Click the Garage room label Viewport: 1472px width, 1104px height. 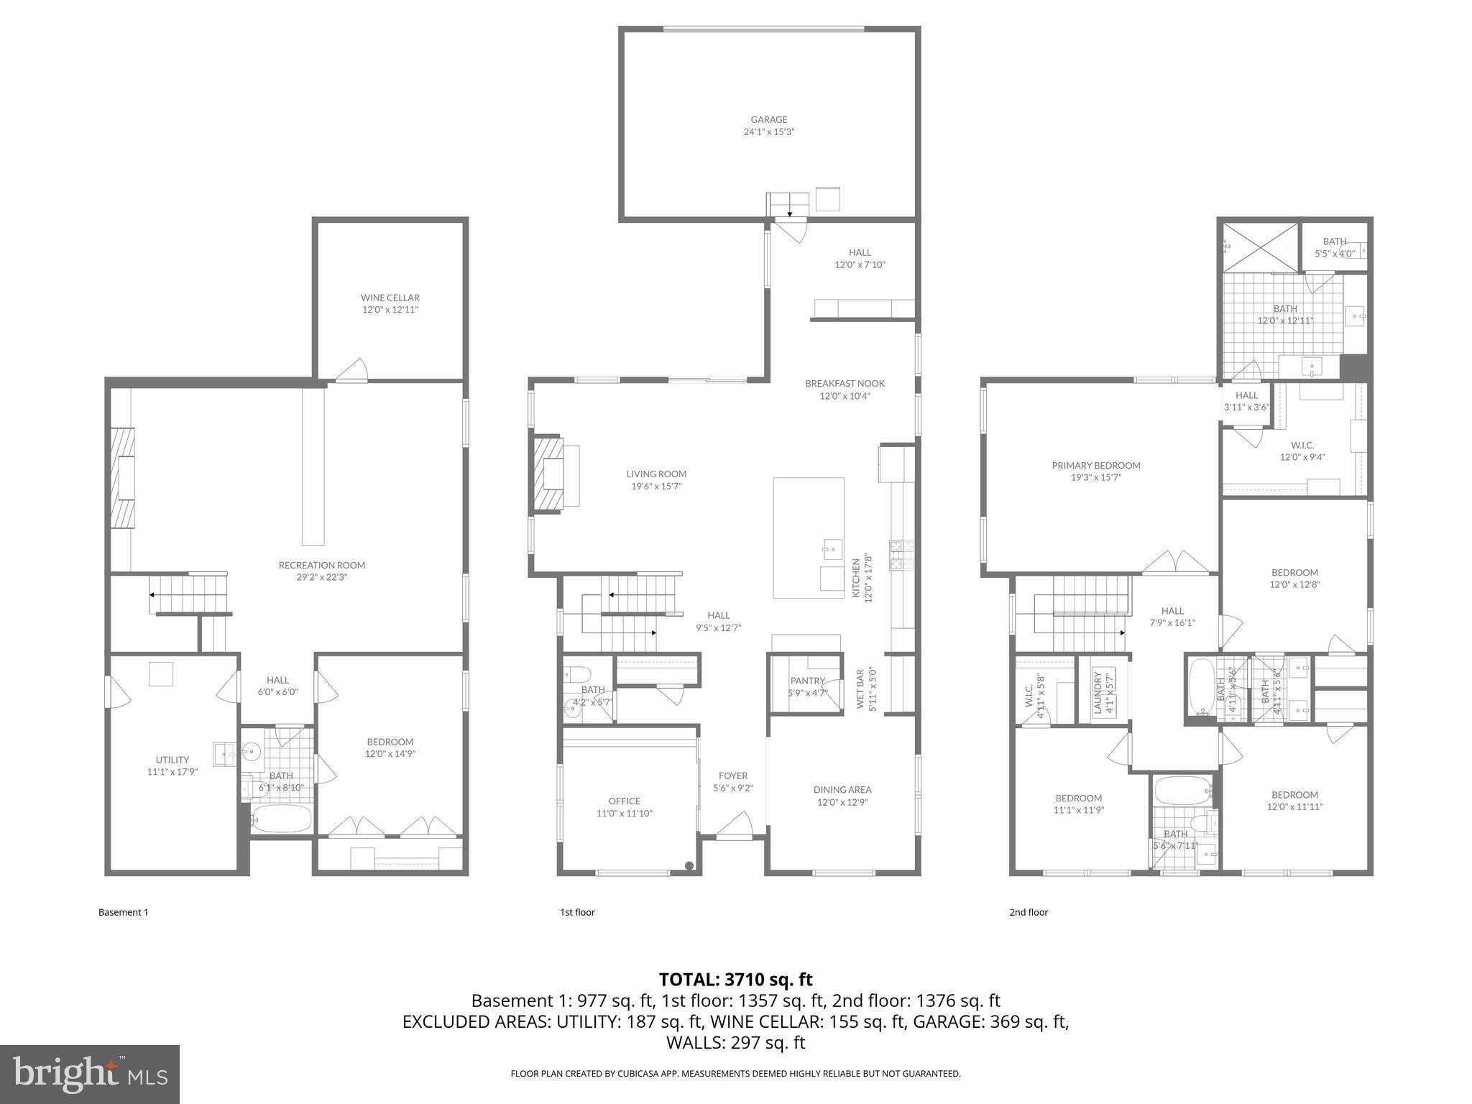pyautogui.click(x=768, y=120)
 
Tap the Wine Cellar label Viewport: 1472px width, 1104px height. pyautogui.click(x=390, y=298)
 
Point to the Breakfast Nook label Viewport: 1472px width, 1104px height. pyautogui.click(x=845, y=384)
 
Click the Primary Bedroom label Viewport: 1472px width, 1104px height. pyautogui.click(x=1095, y=466)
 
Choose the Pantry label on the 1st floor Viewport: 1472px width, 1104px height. pyautogui.click(x=807, y=681)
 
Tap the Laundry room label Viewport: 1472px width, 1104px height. pyautogui.click(x=1098, y=693)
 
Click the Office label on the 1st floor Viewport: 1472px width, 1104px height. pyautogui.click(x=624, y=801)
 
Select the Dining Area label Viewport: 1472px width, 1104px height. pyautogui.click(x=842, y=790)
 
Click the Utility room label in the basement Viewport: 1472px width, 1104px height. pyautogui.click(x=172, y=760)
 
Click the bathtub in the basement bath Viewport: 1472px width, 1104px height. pyautogui.click(x=282, y=819)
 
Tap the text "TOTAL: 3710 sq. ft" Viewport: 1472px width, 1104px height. pyautogui.click(x=735, y=980)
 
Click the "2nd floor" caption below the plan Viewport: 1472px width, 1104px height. pyautogui.click(x=1029, y=912)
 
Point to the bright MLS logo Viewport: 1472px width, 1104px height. pyautogui.click(x=90, y=1074)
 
